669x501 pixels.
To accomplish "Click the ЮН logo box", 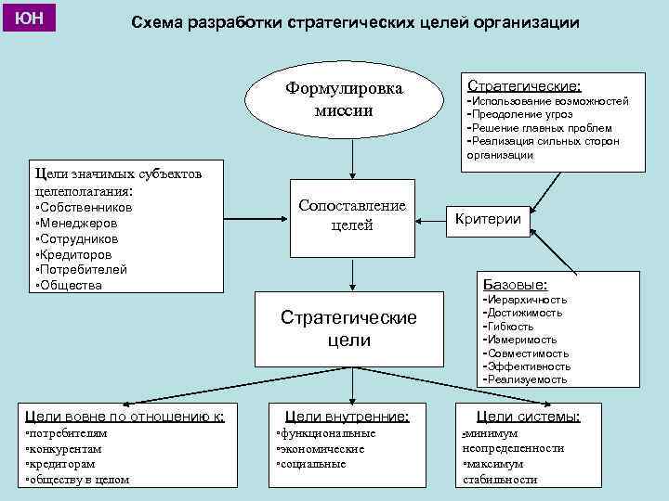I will click(x=30, y=18).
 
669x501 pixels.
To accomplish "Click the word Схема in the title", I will click(x=159, y=22).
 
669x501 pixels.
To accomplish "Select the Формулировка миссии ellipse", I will click(x=344, y=100).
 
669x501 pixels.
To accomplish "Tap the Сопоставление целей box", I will click(x=351, y=216).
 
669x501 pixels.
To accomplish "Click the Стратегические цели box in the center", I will click(x=349, y=328).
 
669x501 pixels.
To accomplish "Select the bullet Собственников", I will click(x=84, y=208).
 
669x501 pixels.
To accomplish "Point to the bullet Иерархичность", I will click(x=526, y=300).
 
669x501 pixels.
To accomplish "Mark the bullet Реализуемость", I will click(x=526, y=379).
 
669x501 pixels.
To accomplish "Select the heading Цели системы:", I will click(x=528, y=417).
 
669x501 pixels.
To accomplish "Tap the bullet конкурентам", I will click(x=67, y=448).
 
